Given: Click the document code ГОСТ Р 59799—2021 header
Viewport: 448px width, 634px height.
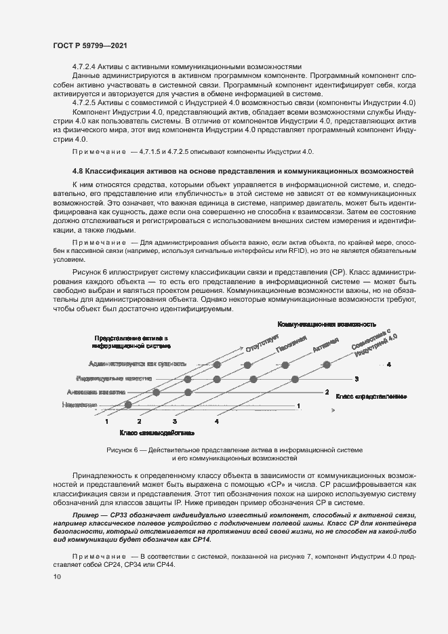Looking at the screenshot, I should [89, 45].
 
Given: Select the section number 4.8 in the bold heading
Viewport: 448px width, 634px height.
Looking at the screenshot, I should [79, 170].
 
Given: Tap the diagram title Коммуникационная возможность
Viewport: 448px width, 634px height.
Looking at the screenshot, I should [326, 325].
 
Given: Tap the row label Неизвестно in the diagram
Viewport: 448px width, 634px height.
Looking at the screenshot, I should [78, 405].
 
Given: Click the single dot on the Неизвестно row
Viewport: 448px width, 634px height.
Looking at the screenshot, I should [124, 405].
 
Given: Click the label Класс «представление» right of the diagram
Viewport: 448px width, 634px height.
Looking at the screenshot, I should [371, 395].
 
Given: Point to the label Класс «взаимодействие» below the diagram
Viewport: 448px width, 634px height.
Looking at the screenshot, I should [157, 432].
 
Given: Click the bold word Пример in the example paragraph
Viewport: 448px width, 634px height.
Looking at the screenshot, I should [83, 517].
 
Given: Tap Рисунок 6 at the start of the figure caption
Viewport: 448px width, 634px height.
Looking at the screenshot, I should [123, 450].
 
